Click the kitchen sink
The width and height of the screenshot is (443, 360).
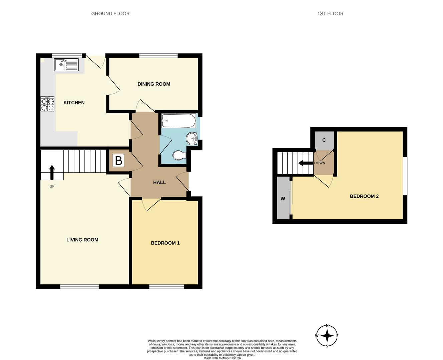click(66, 65)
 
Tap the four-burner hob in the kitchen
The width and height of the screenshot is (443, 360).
click(47, 104)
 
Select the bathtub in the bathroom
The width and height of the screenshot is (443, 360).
click(178, 121)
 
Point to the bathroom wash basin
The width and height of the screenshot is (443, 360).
click(192, 138)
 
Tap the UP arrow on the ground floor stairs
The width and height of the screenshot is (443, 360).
click(52, 172)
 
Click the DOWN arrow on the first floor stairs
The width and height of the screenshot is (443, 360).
click(305, 163)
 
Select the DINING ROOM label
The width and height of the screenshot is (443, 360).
click(154, 84)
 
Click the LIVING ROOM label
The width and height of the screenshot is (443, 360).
click(82, 240)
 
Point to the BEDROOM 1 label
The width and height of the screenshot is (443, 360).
click(165, 243)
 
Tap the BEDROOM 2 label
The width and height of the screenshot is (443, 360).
click(364, 196)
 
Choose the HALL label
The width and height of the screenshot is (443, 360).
click(159, 182)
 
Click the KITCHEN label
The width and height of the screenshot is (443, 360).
click(74, 103)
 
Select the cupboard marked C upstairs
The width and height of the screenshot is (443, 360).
click(324, 140)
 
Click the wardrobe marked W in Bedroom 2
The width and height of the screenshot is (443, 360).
click(283, 198)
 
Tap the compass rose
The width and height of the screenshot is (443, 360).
click(327, 336)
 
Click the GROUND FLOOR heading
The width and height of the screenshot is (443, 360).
click(110, 14)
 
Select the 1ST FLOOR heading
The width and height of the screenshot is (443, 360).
click(330, 14)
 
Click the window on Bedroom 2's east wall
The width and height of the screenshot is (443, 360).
click(405, 176)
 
